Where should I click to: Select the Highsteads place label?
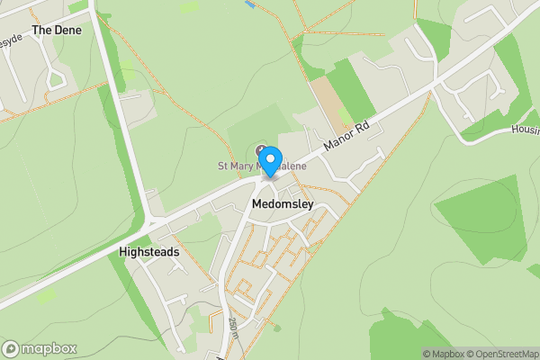[148, 253]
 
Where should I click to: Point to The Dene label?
[57, 30]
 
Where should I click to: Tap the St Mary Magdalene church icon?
[262, 148]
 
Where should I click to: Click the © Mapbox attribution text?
[443, 354]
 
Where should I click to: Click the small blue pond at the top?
[249, 4]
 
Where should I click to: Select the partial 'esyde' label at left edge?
[9, 40]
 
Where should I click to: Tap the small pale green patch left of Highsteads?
[45, 294]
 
